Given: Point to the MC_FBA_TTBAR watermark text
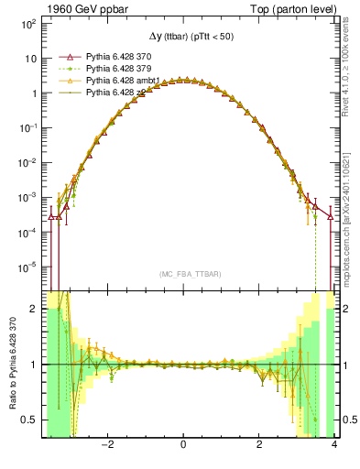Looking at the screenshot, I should [x=184, y=274].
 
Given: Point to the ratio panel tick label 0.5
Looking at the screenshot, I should [x=28, y=420].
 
